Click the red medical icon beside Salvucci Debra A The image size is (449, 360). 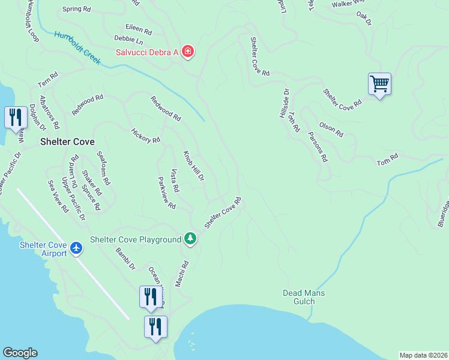pos(188,52)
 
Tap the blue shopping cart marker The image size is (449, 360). pos(379,84)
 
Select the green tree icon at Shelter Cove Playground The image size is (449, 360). pos(190,239)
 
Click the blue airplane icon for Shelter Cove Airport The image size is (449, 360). pos(76,247)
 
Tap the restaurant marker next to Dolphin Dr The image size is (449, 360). pos(16,117)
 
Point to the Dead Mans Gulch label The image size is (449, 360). pos(298,297)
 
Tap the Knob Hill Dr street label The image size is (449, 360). pos(194,166)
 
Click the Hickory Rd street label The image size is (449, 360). pos(146,136)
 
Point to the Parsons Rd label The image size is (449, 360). pos(318,147)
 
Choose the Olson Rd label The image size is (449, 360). pos(331,129)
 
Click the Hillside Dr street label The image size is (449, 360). pos(285,104)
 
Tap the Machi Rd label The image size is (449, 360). pos(182,274)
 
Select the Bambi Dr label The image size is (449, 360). pos(126,259)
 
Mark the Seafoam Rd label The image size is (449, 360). pos(104,167)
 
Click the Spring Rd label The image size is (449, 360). pos(76,10)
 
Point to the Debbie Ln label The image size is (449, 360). pos(128,41)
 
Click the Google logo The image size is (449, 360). pos(20,353)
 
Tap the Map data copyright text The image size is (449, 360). pos(423,355)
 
